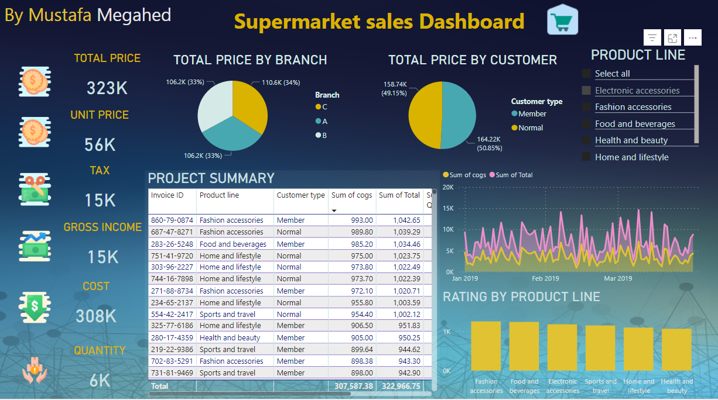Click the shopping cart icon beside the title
click(563, 20)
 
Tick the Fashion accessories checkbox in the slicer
click(586, 107)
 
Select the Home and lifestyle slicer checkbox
click(586, 157)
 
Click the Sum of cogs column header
click(351, 195)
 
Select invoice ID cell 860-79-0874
click(172, 220)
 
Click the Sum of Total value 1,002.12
click(399, 314)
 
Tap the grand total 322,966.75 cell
click(399, 386)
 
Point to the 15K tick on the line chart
click(448, 208)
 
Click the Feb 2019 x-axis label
click(545, 278)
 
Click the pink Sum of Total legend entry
click(514, 175)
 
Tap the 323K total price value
click(107, 88)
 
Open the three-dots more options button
click(692, 38)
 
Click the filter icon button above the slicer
click(652, 38)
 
